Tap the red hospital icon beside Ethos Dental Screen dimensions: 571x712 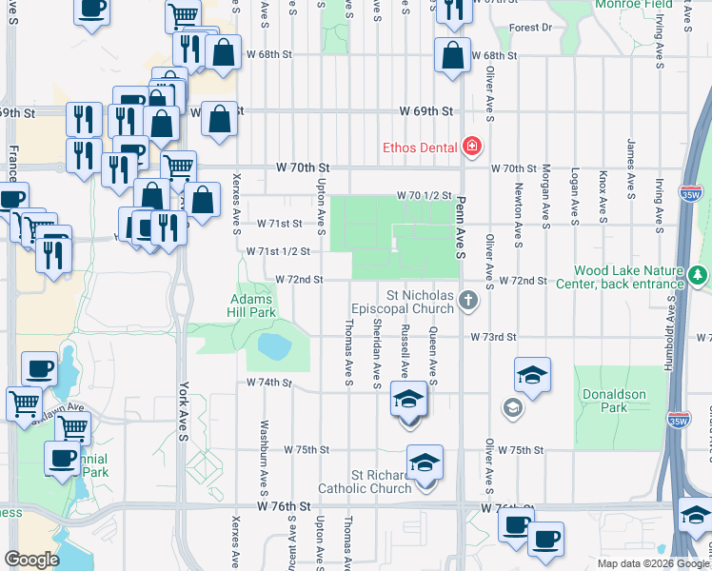click(471, 147)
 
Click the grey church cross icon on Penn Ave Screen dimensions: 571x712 click(467, 301)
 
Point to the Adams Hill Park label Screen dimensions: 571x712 click(252, 305)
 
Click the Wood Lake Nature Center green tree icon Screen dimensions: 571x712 click(699, 275)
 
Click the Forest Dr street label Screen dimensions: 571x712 click(530, 28)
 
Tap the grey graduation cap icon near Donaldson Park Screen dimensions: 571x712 click(512, 408)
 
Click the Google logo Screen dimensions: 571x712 click(32, 559)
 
